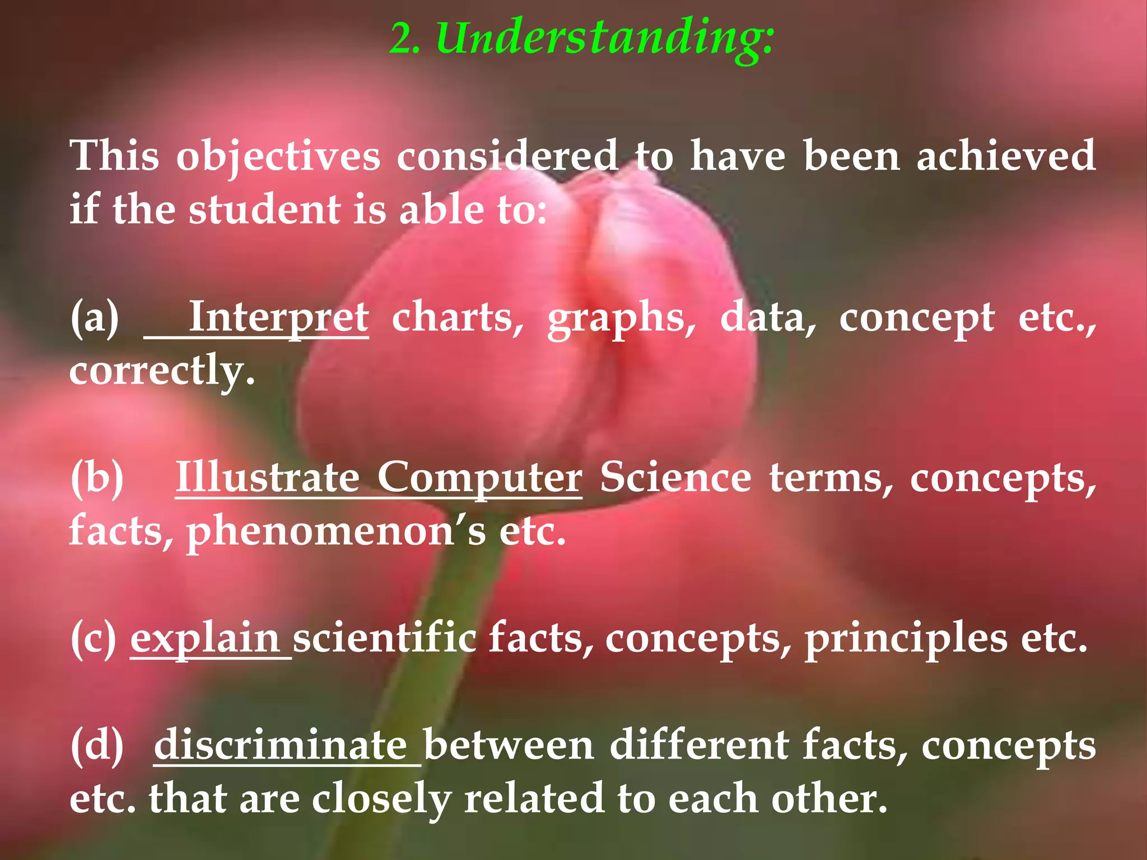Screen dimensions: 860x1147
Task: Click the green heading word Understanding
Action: (605, 38)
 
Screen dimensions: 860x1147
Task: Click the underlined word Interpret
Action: (278, 317)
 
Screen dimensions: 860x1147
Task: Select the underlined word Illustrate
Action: (268, 478)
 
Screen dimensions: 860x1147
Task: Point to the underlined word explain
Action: (205, 639)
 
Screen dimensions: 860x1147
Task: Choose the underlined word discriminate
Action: (281, 746)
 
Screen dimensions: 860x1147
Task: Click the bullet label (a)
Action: (95, 317)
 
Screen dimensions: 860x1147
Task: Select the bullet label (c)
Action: (94, 639)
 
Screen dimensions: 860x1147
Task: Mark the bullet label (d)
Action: (97, 746)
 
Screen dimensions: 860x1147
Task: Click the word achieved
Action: (1006, 156)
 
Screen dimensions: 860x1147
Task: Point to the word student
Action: (264, 210)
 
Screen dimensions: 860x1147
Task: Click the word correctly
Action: (162, 371)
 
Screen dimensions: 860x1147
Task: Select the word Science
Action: (675, 478)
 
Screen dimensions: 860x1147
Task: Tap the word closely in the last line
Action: (381, 800)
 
